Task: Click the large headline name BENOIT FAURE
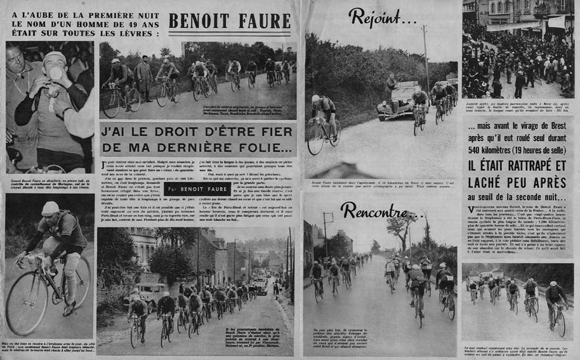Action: (x=228, y=20)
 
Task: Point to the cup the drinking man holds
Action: (x=56, y=73)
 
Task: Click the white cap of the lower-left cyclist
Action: (x=49, y=208)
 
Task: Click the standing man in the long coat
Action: (x=145, y=77)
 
